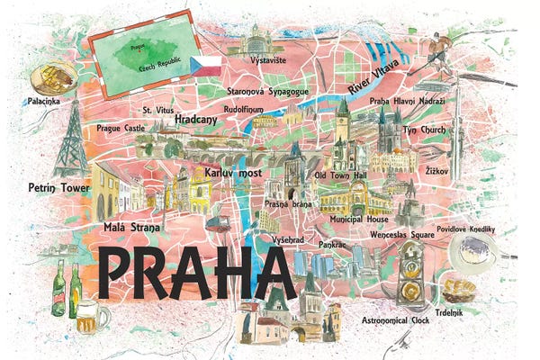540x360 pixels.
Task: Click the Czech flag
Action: [203, 64]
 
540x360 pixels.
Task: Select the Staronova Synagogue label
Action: [269, 91]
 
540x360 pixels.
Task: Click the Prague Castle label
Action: [120, 128]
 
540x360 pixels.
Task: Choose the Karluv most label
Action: [233, 171]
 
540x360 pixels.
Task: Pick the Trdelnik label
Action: [452, 311]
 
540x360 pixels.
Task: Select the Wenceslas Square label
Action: [403, 234]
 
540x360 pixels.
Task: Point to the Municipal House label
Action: [358, 219]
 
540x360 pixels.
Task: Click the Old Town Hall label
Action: [340, 175]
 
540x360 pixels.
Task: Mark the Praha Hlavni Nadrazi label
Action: [407, 101]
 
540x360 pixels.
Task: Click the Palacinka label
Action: [44, 101]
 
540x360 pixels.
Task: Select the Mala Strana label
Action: [131, 228]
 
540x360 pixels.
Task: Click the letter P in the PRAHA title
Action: [119, 275]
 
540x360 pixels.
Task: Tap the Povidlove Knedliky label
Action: [467, 229]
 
